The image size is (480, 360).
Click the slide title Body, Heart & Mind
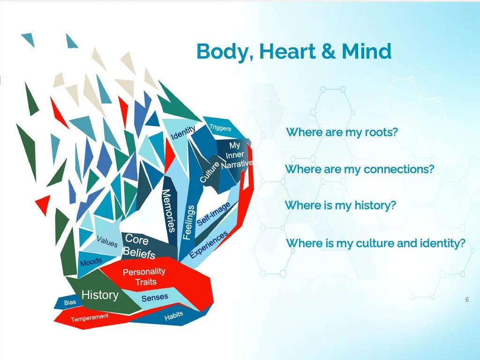[x=294, y=51]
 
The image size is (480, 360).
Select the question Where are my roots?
[x=342, y=132]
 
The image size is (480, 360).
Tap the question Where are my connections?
[x=360, y=169]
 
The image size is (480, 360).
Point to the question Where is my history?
[x=340, y=205]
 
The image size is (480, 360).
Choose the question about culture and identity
[x=375, y=243]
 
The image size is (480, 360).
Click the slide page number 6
[x=467, y=300]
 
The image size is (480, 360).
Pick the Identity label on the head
[x=183, y=133]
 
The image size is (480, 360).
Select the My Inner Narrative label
[x=236, y=155]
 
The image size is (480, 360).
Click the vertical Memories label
[x=169, y=211]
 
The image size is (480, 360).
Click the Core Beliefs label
[x=138, y=247]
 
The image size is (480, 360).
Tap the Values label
[x=107, y=242]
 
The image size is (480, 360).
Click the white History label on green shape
[x=100, y=295]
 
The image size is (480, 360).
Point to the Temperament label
[x=90, y=318]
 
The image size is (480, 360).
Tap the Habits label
[x=173, y=317]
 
